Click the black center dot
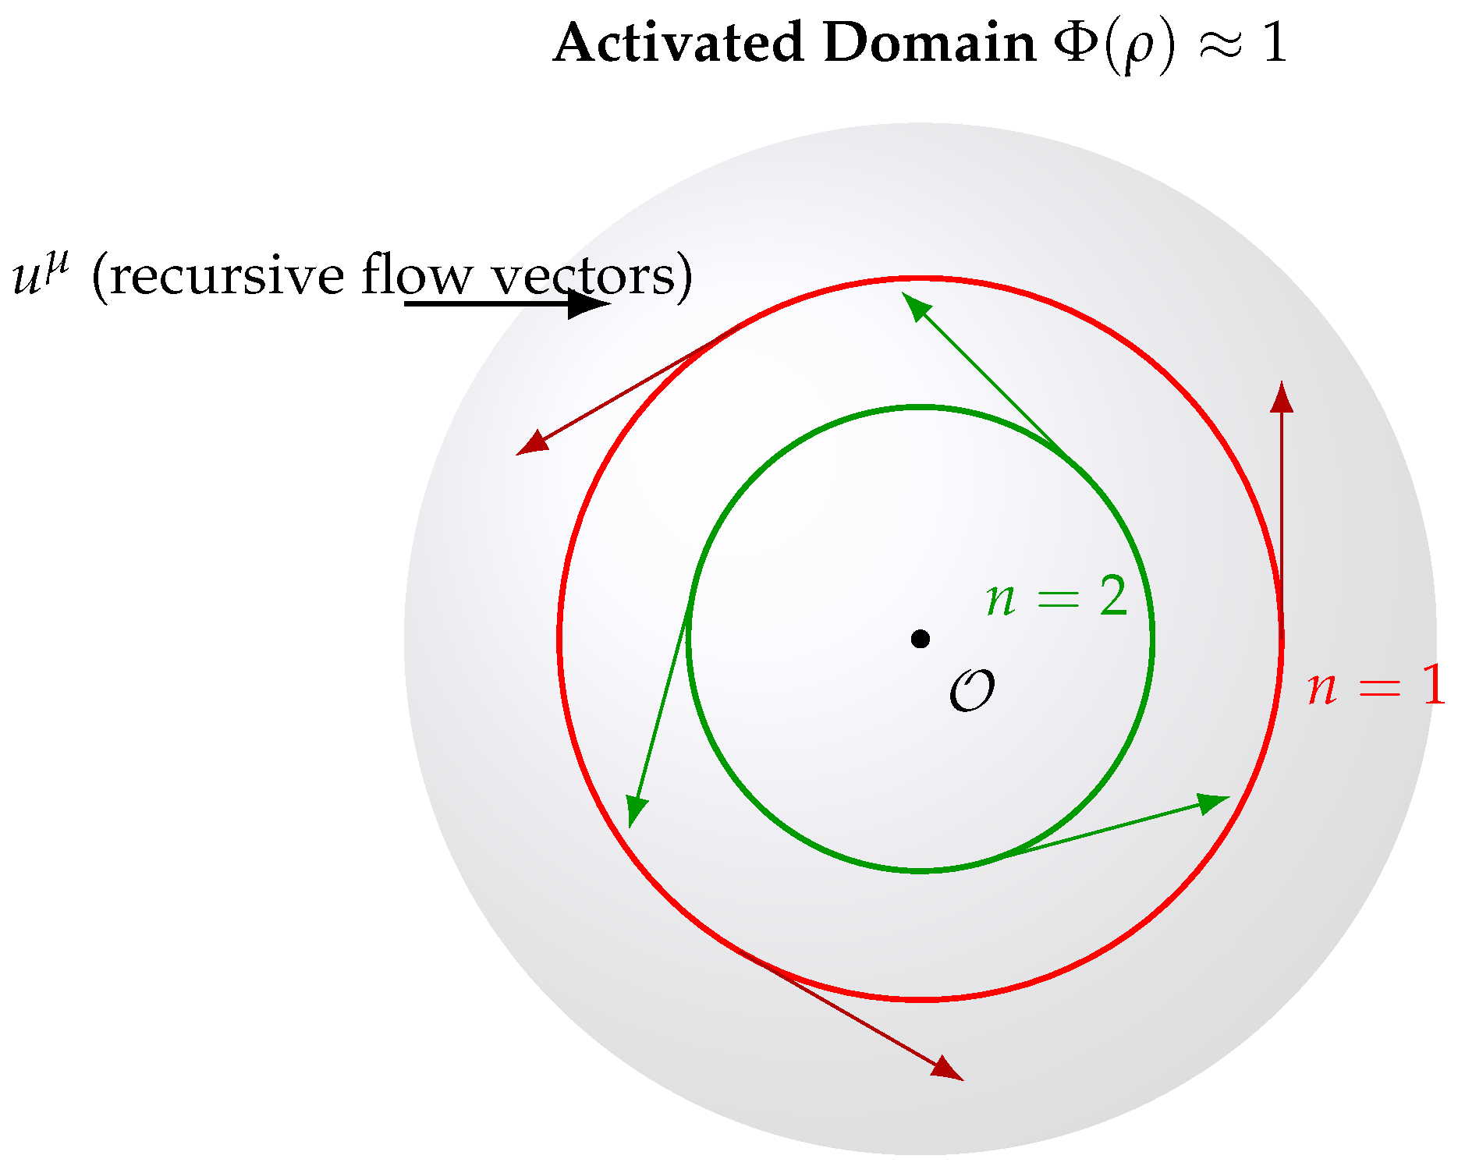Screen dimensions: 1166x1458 point(921,639)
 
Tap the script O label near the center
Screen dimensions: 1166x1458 point(972,690)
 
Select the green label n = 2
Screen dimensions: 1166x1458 point(1057,598)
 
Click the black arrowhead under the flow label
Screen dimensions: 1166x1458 point(587,303)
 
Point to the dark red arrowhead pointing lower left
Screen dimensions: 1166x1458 point(531,444)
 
